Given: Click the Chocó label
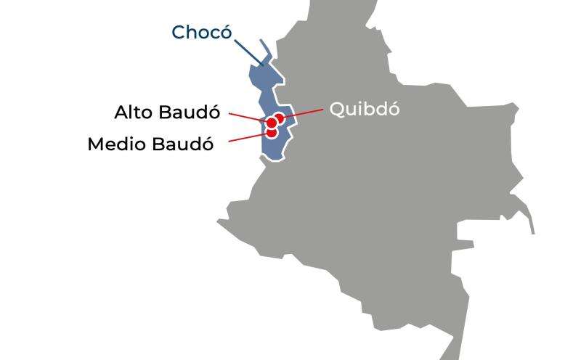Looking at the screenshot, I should (x=201, y=33).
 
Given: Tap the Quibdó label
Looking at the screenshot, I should (x=365, y=109).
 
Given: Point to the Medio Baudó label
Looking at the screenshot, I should (x=150, y=144).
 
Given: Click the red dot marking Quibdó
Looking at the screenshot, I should (x=280, y=118).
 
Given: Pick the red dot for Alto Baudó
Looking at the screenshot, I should (x=272, y=123).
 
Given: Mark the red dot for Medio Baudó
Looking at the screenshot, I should (x=272, y=133).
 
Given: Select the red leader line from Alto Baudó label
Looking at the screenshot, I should (x=247, y=117).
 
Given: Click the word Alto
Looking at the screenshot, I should (x=131, y=112).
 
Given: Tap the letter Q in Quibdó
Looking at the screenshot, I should (x=337, y=110).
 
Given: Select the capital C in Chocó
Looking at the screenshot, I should (x=179, y=33).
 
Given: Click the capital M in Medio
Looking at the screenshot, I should (x=95, y=144).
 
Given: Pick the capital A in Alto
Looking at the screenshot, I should (x=122, y=112).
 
